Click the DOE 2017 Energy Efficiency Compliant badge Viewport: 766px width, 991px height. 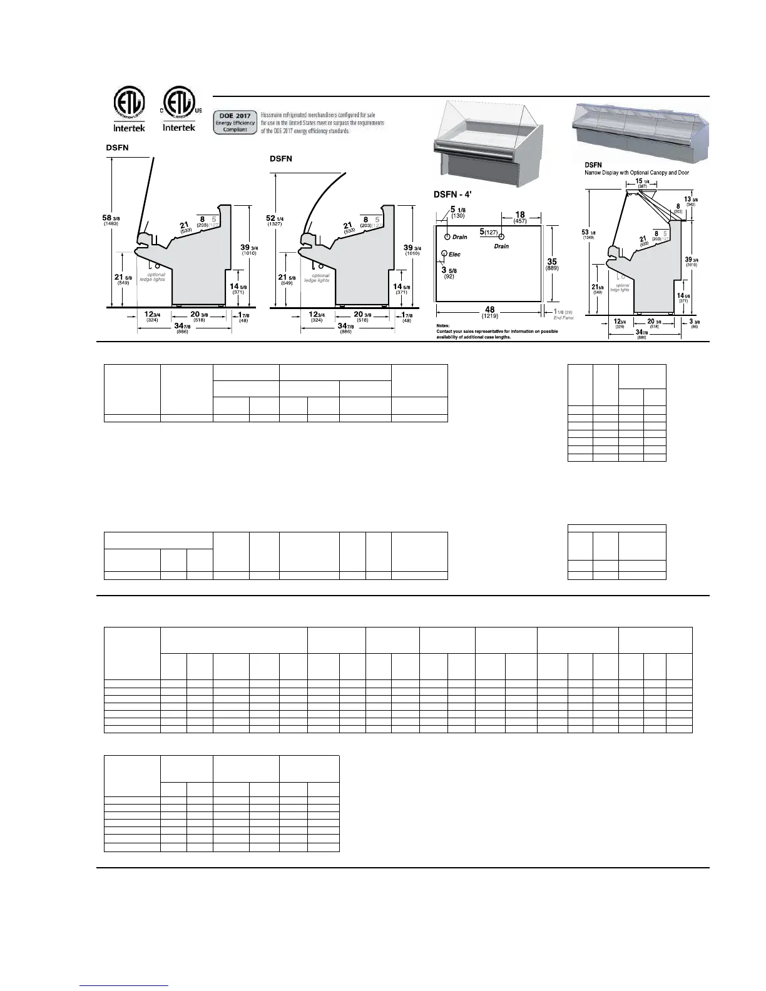pyautogui.click(x=235, y=123)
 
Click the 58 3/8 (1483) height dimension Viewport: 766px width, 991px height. pyautogui.click(x=111, y=220)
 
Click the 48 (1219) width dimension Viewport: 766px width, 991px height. pyautogui.click(x=489, y=312)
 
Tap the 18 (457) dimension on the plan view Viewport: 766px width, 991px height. pyautogui.click(x=519, y=217)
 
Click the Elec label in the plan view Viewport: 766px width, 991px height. pyautogui.click(x=455, y=255)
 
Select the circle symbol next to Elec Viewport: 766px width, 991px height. pyautogui.click(x=444, y=253)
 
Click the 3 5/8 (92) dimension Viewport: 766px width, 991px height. pyautogui.click(x=449, y=272)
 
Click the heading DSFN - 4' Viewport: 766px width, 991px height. pyautogui.click(x=452, y=194)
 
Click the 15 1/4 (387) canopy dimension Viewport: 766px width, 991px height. pyautogui.click(x=642, y=183)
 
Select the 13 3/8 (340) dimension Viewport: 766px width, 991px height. pyautogui.click(x=692, y=201)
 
